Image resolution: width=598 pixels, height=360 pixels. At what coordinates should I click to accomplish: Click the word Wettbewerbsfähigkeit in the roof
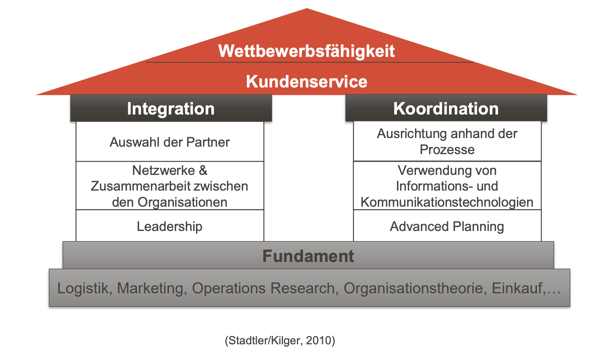pyautogui.click(x=306, y=51)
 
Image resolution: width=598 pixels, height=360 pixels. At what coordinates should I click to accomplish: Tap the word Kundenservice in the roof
pyautogui.click(x=306, y=82)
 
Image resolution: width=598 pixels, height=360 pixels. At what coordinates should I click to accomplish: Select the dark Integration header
pyautogui.click(x=171, y=108)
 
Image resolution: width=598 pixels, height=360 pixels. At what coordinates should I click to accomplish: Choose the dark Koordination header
pyautogui.click(x=446, y=108)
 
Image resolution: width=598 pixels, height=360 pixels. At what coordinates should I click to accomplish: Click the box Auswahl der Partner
pyautogui.click(x=170, y=142)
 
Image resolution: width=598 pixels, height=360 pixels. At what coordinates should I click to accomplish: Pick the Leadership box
pyautogui.click(x=170, y=225)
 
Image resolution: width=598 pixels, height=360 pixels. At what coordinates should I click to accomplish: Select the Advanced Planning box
pyautogui.click(x=447, y=225)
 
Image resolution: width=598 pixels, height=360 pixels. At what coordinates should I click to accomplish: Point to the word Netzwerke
pyautogui.click(x=164, y=170)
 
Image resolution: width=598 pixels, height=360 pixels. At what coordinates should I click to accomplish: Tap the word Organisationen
pyautogui.click(x=182, y=202)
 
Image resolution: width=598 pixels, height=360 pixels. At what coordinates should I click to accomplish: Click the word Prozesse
pyautogui.click(x=447, y=149)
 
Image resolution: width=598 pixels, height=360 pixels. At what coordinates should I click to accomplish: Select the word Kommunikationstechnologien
pyautogui.click(x=447, y=202)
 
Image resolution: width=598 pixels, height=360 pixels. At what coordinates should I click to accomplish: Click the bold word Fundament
pyautogui.click(x=308, y=256)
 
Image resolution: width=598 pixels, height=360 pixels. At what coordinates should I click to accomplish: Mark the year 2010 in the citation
pyautogui.click(x=318, y=340)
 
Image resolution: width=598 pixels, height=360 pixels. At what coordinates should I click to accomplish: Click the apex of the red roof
pyautogui.click(x=307, y=9)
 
